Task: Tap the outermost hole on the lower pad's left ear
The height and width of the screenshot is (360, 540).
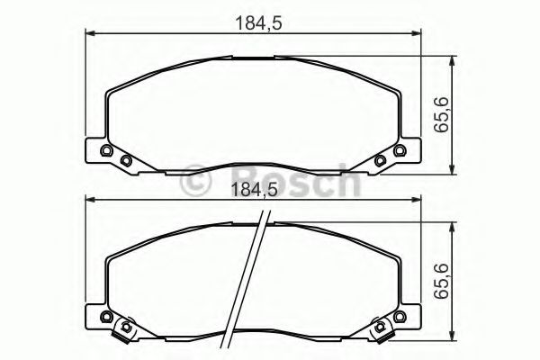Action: pyautogui.click(x=106, y=318)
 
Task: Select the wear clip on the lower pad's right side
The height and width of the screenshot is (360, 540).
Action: pyautogui.click(x=384, y=334)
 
